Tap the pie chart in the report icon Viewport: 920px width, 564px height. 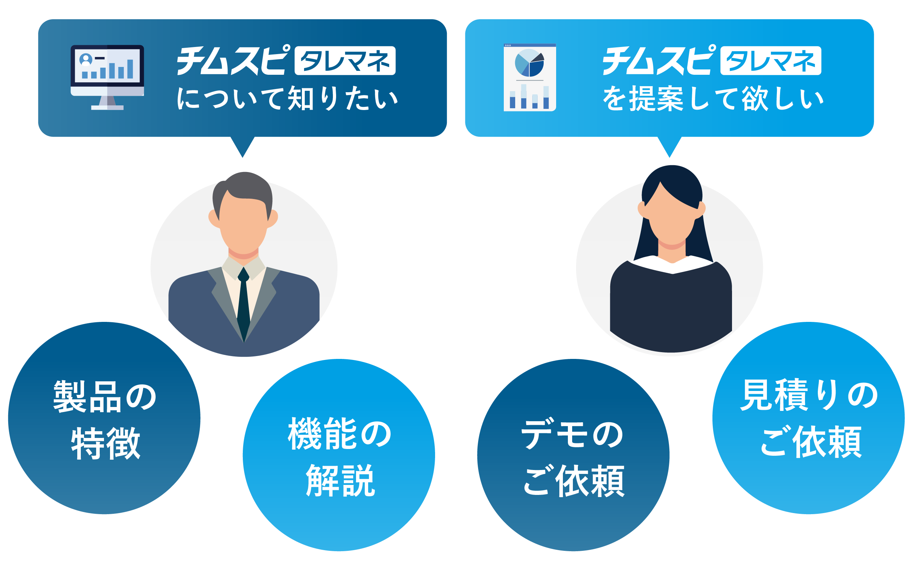click(x=529, y=63)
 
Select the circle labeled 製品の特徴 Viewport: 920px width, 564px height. click(x=104, y=418)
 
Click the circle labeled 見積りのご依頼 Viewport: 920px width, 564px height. click(x=808, y=418)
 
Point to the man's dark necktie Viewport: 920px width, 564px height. click(x=244, y=303)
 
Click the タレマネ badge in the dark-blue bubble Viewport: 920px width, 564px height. click(x=345, y=61)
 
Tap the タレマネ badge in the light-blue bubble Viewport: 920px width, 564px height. click(x=771, y=61)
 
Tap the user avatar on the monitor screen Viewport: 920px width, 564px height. click(x=86, y=60)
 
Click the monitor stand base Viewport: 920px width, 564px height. click(x=107, y=108)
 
